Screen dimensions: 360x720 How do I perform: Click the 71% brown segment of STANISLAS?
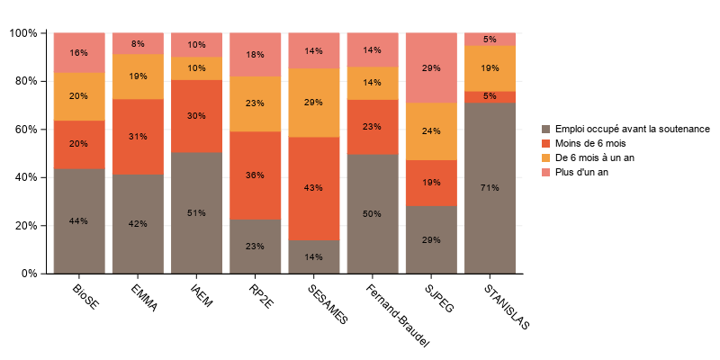(490, 187)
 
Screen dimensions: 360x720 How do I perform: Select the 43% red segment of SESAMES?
(314, 189)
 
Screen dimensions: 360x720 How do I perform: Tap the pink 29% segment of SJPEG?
(432, 67)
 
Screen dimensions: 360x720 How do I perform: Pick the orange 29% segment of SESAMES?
(314, 103)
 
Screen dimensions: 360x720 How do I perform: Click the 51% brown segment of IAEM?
(197, 212)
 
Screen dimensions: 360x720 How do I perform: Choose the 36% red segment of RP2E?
(256, 175)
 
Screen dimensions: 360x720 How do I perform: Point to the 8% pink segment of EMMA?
(138, 43)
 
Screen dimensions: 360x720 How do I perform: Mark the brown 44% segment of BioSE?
(79, 220)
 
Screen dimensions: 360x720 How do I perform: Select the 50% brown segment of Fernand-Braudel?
(373, 213)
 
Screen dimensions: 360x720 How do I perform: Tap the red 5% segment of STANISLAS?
(490, 96)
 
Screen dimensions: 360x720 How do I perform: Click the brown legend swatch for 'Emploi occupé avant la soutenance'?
(545, 129)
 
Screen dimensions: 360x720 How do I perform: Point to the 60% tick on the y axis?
(42, 129)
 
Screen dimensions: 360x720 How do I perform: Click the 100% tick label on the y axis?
(22, 33)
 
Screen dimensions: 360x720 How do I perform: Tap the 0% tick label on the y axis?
(28, 274)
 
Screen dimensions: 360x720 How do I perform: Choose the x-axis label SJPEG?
(438, 299)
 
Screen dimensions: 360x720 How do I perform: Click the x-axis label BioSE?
(85, 297)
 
